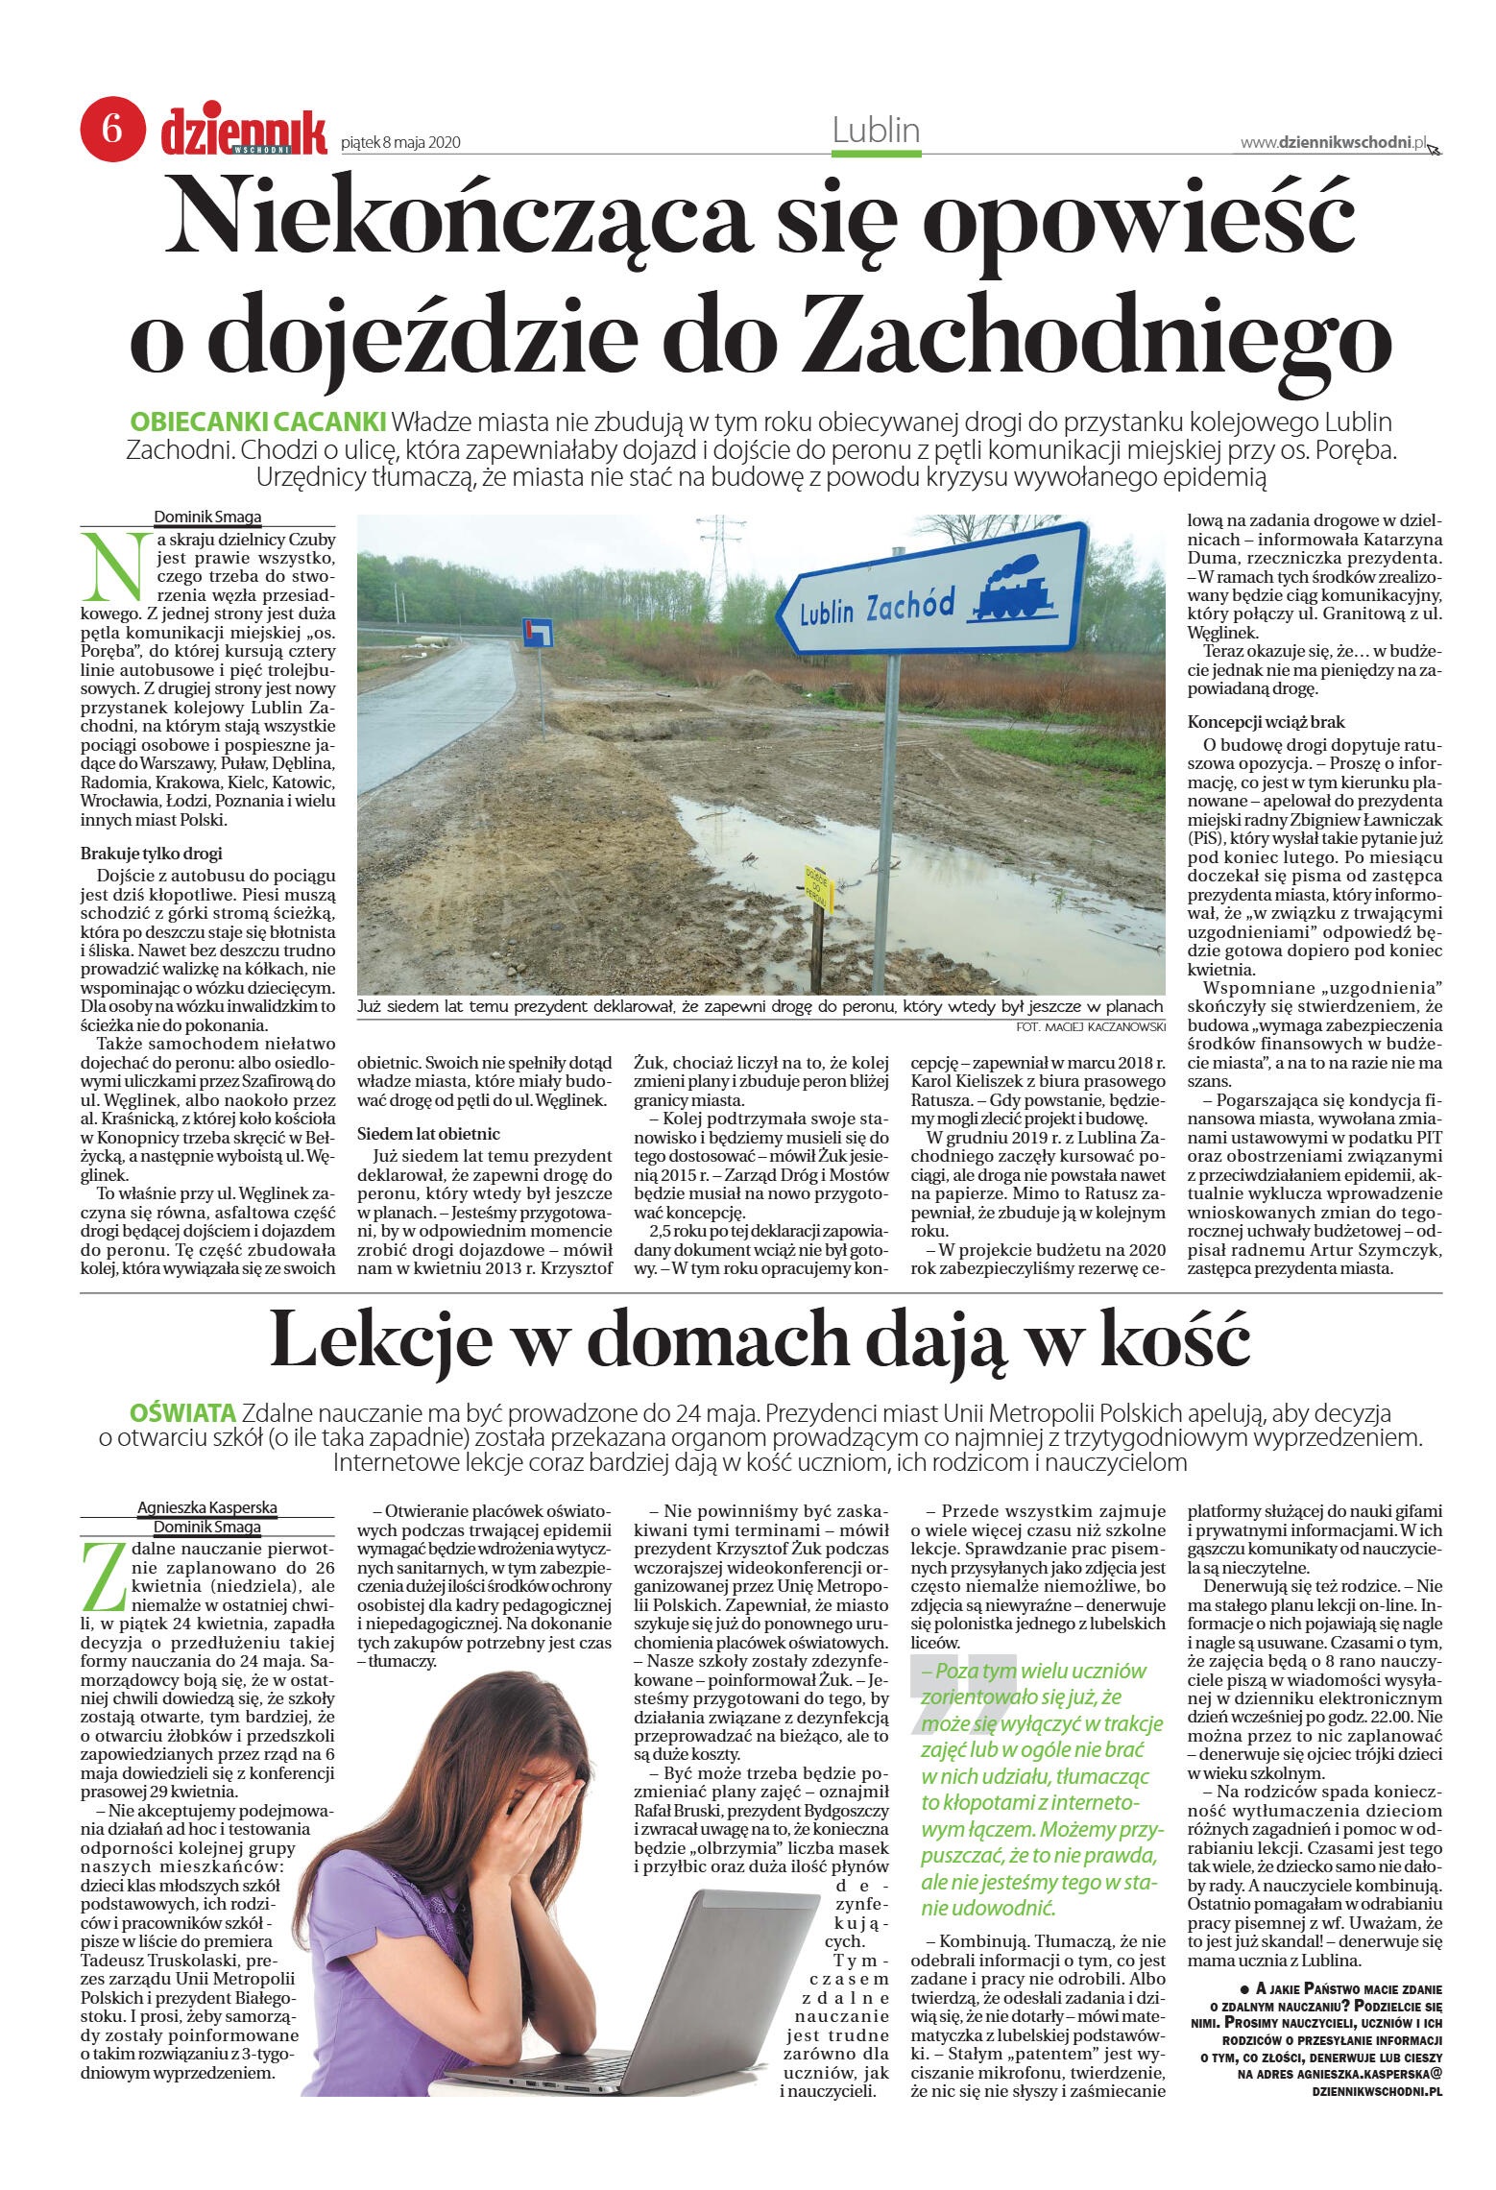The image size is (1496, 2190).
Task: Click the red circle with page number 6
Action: [112, 128]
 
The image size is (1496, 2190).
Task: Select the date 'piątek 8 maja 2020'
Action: [400, 143]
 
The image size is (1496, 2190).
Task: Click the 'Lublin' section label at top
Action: [876, 131]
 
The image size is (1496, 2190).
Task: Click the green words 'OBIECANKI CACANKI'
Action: [257, 422]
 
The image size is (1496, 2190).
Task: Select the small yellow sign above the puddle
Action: [816, 888]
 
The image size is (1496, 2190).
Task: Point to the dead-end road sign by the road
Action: [537, 633]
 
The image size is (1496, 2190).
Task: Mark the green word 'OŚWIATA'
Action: [182, 1413]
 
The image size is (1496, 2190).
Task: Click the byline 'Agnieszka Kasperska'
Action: [206, 1507]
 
